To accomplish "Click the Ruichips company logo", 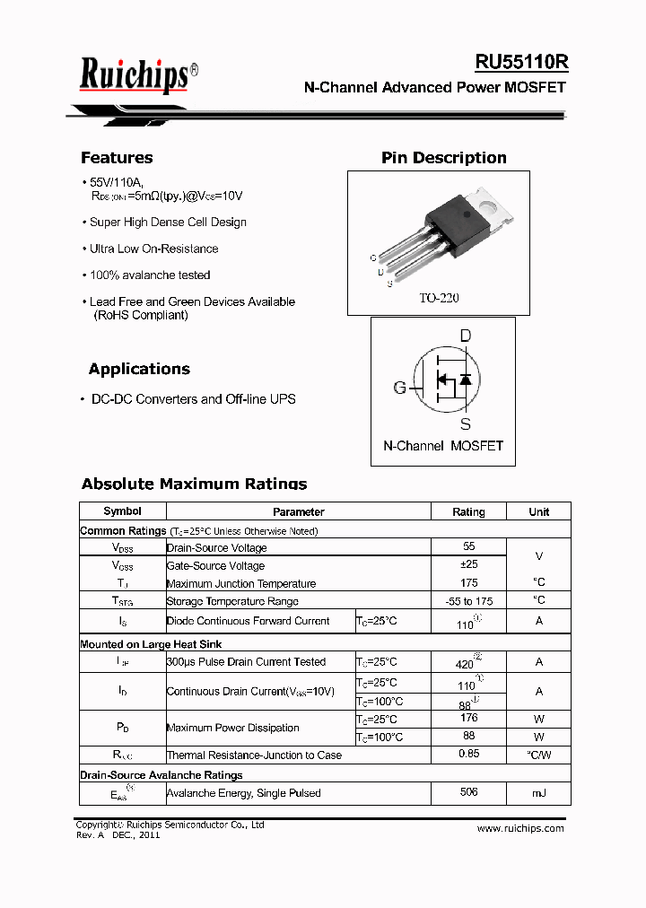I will (x=135, y=74).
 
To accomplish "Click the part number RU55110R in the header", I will (x=520, y=62).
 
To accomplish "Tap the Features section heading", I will (x=117, y=158).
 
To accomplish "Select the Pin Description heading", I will (x=443, y=158).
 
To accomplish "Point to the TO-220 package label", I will (x=439, y=298).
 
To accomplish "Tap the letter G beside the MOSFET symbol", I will (x=400, y=388).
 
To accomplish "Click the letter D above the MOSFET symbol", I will (x=465, y=336).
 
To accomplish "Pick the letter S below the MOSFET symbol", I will (x=465, y=423).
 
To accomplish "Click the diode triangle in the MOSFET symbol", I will (x=465, y=380).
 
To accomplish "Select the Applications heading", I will (x=139, y=369).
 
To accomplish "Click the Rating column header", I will (x=468, y=511).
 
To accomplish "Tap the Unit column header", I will (x=538, y=511).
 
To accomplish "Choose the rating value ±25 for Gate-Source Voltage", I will (x=468, y=564).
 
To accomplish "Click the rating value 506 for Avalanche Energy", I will (x=468, y=792).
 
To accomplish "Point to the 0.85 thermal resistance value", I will (x=468, y=754).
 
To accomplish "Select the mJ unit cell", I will (x=538, y=793).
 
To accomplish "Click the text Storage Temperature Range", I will (x=232, y=601).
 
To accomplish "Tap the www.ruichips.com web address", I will (x=520, y=828).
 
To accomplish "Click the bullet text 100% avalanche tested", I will (x=150, y=275).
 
